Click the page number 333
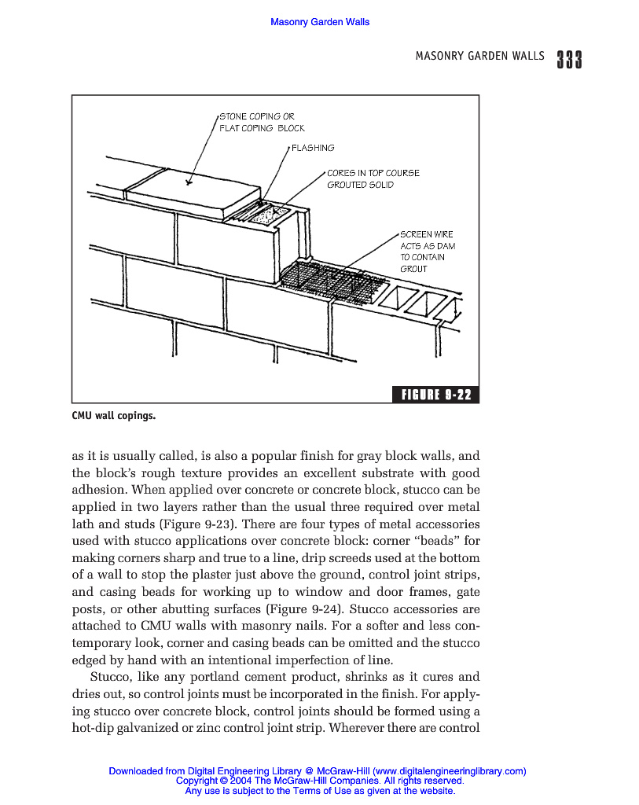tap(568, 60)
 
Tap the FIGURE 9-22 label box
tap(435, 395)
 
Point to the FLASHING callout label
tap(313, 148)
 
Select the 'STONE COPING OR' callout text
tap(256, 116)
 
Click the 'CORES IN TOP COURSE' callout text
tap(373, 173)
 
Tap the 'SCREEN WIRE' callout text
tap(426, 234)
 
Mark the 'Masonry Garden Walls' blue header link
tap(320, 22)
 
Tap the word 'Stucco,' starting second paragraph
tap(115, 677)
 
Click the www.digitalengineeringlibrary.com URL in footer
tap(449, 771)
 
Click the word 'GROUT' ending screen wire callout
tap(414, 269)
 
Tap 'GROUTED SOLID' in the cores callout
tap(361, 185)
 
